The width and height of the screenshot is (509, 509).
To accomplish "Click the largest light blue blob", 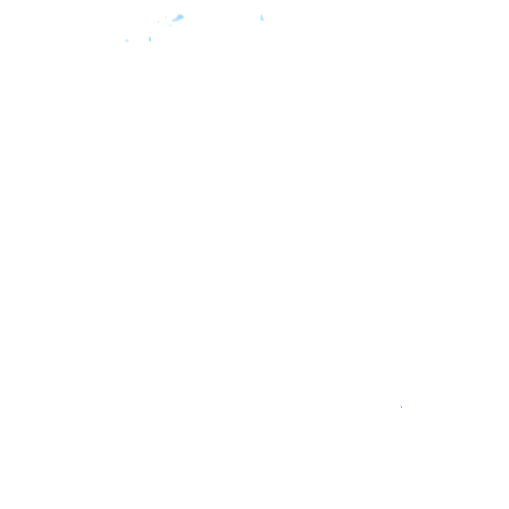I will [178, 18].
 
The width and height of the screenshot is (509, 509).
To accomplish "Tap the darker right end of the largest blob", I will [181, 16].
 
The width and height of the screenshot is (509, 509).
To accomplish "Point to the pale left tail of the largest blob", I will [173, 20].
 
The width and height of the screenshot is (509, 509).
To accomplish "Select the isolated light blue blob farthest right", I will [262, 18].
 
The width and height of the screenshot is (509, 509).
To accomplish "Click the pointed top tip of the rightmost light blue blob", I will [261, 15].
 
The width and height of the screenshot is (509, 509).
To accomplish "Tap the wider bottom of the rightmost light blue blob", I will [262, 20].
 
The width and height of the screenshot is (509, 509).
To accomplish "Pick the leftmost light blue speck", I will [127, 40].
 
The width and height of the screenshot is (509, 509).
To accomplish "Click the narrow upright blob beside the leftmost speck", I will [150, 39].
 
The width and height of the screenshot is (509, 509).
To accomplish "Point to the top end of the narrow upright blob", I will [150, 36].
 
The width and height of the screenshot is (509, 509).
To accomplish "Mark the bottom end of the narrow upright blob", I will [150, 41].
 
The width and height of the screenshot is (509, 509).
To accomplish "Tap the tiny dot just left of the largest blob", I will [166, 17].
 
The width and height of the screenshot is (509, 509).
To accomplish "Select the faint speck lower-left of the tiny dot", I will [159, 22].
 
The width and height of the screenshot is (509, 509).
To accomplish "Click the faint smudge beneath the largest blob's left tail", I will [170, 25].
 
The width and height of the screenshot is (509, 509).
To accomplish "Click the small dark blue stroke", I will [401, 407].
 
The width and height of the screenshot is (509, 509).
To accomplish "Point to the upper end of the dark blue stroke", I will [401, 405].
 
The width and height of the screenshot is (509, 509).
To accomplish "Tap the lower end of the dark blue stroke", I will [402, 409].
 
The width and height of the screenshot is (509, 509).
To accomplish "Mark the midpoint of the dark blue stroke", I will [401, 407].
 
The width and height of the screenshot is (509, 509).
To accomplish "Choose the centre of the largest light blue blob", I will [178, 18].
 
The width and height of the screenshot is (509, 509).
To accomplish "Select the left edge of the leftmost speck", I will [125, 40].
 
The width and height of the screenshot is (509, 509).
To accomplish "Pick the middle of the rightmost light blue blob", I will [262, 18].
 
